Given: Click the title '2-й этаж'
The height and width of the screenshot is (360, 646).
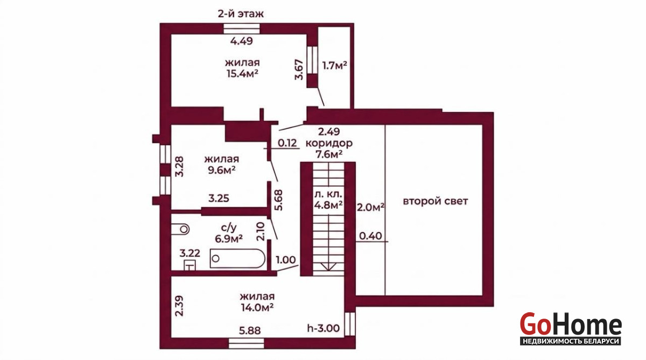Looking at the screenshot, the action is pyautogui.click(x=241, y=14).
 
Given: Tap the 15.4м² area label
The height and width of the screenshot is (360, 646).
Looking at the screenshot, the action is pyautogui.click(x=242, y=74).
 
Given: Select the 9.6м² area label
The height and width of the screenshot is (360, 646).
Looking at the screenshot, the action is pyautogui.click(x=221, y=170).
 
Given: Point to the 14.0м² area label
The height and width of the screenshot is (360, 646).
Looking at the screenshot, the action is pyautogui.click(x=257, y=308).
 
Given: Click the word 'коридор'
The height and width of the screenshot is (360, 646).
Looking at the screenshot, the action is pyautogui.click(x=329, y=143).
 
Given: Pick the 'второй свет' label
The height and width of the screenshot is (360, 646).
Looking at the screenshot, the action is pyautogui.click(x=435, y=201).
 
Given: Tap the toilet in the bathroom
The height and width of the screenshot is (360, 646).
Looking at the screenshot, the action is pyautogui.click(x=180, y=229).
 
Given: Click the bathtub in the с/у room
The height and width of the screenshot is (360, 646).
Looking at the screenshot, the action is pyautogui.click(x=237, y=258).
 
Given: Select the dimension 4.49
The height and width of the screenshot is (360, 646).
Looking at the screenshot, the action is pyautogui.click(x=241, y=41).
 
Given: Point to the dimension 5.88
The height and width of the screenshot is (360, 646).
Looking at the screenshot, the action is pyautogui.click(x=250, y=330).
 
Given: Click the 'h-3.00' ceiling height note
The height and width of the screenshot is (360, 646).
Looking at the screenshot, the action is pyautogui.click(x=324, y=328).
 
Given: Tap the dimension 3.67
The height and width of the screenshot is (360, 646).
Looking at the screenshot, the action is pyautogui.click(x=299, y=69).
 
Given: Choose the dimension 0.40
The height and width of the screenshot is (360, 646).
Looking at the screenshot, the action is pyautogui.click(x=370, y=236).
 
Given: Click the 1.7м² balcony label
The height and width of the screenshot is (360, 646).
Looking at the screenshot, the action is pyautogui.click(x=334, y=66).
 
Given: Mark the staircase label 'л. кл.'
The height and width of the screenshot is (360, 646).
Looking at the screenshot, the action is pyautogui.click(x=328, y=194).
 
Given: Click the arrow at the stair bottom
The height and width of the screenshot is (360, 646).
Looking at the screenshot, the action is pyautogui.click(x=328, y=266).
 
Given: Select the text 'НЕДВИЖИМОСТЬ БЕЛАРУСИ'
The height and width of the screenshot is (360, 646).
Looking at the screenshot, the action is pyautogui.click(x=571, y=341).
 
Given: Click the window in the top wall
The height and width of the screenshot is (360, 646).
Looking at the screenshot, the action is pyautogui.click(x=242, y=29).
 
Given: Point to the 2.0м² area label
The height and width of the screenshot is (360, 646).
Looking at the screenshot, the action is pyautogui.click(x=370, y=207).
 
